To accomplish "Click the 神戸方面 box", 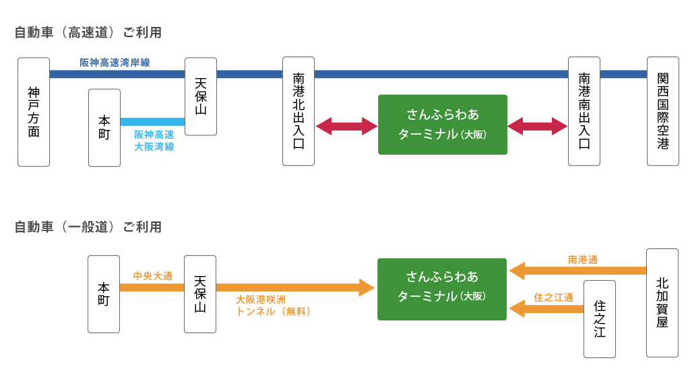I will click(34, 112).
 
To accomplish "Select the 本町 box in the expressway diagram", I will click(104, 128).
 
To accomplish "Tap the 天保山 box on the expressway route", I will click(201, 96).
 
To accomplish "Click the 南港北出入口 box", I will click(298, 111).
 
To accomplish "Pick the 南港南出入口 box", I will click(584, 111).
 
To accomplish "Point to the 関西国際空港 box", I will click(663, 111).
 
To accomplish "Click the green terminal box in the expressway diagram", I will click(443, 125).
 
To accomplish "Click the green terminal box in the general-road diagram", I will click(442, 289).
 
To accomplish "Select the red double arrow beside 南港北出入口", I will click(346, 126).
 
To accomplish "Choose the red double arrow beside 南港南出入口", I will click(537, 126).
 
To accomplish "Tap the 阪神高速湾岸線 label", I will click(115, 63).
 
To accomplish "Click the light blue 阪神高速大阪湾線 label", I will click(154, 141).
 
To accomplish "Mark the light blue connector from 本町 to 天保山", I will click(152, 122).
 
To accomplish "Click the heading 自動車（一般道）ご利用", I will click(88, 227).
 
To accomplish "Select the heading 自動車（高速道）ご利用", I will click(88, 32).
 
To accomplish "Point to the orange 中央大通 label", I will click(153, 276).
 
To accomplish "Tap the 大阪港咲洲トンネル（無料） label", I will click(274, 305).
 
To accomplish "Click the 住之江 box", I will click(600, 319).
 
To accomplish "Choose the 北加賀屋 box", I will click(662, 303).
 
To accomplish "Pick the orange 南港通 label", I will click(583, 260).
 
